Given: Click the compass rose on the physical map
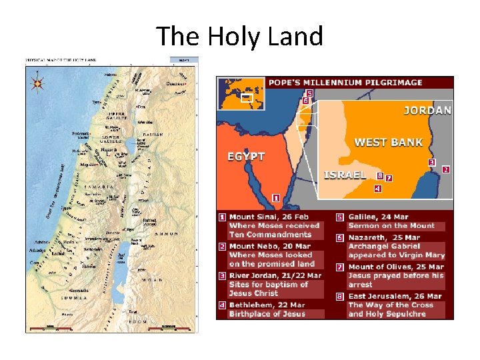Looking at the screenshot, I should [37, 85].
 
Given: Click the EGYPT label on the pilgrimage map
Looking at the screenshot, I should [246, 157].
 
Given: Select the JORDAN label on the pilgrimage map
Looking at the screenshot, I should [427, 111].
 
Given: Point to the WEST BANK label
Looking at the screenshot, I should [388, 142].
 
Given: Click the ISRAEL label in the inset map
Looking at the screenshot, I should [345, 175].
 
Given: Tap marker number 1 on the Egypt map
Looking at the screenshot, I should [275, 198].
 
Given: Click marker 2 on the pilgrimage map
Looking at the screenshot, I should [445, 169].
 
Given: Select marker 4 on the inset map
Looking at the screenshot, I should [377, 189].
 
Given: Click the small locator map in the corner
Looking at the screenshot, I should [241, 95].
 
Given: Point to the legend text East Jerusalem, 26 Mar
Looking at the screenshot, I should [395, 296].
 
